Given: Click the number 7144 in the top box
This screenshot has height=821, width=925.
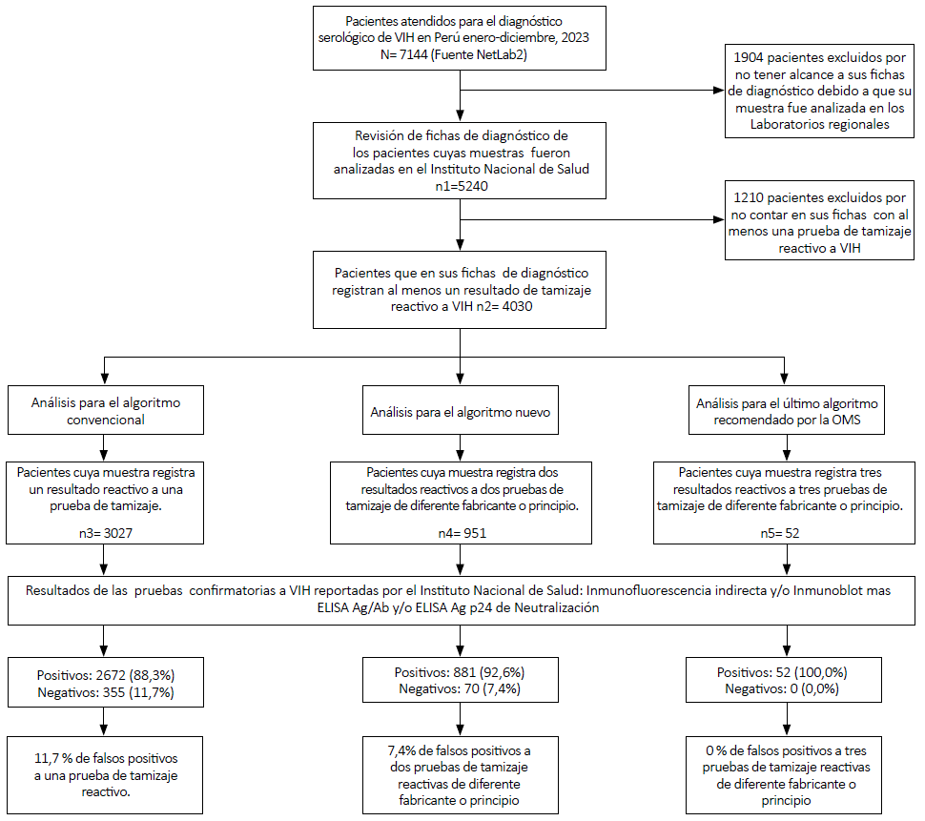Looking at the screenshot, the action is pyautogui.click(x=414, y=55).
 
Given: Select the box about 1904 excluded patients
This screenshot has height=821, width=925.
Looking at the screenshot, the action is pyautogui.click(x=819, y=92).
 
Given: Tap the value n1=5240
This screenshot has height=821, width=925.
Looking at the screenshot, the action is pyautogui.click(x=462, y=186).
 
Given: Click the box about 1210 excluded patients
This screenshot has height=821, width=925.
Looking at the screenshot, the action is pyautogui.click(x=819, y=220).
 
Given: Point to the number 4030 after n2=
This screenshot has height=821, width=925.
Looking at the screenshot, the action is pyautogui.click(x=518, y=307).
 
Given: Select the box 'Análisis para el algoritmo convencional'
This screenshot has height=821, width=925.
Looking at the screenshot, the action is pyautogui.click(x=106, y=410).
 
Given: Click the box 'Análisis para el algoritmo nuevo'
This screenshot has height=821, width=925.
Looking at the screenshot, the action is pyautogui.click(x=461, y=410).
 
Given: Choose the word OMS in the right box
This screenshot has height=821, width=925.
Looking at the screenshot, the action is pyautogui.click(x=846, y=420).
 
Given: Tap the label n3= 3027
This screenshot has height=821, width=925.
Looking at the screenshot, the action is pyautogui.click(x=106, y=533).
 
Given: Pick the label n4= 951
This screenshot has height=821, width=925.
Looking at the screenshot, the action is pyautogui.click(x=462, y=533).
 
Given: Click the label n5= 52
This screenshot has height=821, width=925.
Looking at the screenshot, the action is pyautogui.click(x=780, y=533).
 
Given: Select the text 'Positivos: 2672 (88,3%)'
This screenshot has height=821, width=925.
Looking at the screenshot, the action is pyautogui.click(x=106, y=675).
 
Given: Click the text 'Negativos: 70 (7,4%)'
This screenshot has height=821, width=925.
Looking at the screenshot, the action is pyautogui.click(x=460, y=688).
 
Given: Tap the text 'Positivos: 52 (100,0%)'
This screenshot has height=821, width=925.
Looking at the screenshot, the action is pyautogui.click(x=782, y=672).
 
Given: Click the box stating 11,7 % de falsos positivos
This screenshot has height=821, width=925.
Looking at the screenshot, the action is pyautogui.click(x=105, y=775).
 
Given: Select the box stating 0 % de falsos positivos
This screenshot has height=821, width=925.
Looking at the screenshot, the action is pyautogui.click(x=784, y=775).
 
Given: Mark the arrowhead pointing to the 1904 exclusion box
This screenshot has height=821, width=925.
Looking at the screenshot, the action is pyautogui.click(x=719, y=91).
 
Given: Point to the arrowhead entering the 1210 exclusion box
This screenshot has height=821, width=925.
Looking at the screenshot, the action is pyautogui.click(x=719, y=219).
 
